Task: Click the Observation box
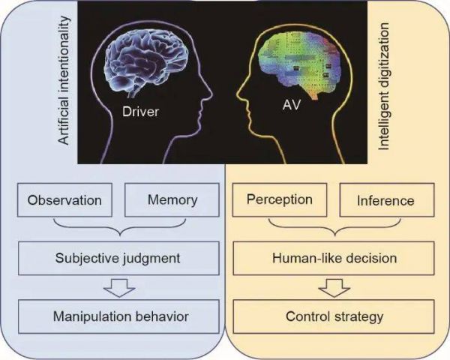[64, 201]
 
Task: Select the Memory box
[172, 201]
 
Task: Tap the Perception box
[278, 201]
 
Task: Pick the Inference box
[385, 201]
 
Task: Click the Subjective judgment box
[118, 258]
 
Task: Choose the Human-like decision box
[334, 258]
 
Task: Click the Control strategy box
[334, 316]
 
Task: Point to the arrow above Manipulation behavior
[118, 287]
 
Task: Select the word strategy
[360, 316]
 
